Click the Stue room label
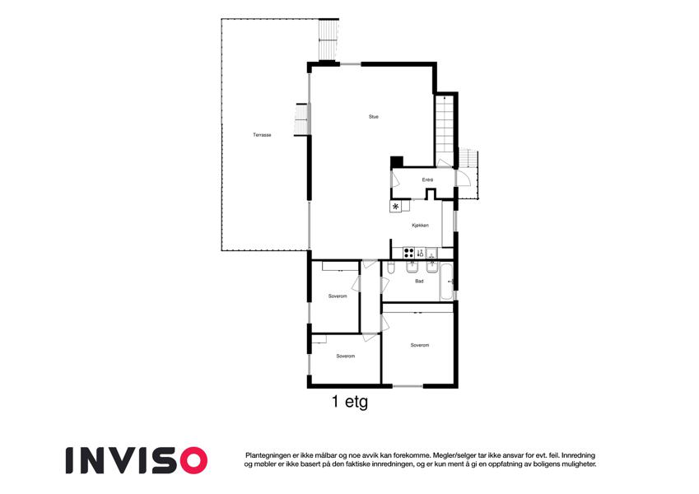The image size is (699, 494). tap(374, 117)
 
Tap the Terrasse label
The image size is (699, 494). tap(262, 135)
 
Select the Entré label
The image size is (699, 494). tap(427, 180)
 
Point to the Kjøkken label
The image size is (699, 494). tap(421, 226)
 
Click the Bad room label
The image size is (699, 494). tap(419, 282)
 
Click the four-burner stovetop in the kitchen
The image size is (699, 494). tap(409, 254)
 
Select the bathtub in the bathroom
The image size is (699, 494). tap(447, 282)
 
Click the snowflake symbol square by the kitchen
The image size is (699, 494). tap(395, 206)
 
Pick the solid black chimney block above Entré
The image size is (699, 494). tap(397, 162)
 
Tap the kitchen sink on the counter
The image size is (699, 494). tap(431, 254)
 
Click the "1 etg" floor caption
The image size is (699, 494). tap(350, 402)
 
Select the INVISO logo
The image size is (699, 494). tap(137, 460)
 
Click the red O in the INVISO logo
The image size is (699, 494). tap(193, 460)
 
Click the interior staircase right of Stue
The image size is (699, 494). tap(445, 129)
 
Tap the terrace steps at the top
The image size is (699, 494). tap(329, 40)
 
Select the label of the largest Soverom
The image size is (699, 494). tap(420, 345)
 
